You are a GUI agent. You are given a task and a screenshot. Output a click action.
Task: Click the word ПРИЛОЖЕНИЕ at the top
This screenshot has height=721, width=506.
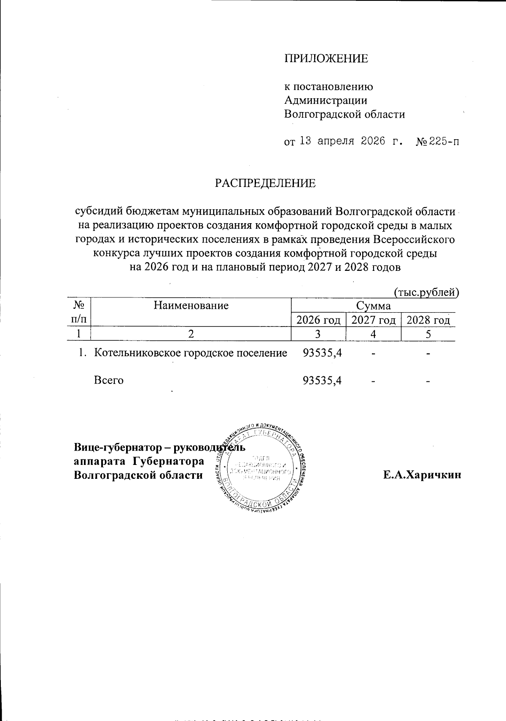[326, 59]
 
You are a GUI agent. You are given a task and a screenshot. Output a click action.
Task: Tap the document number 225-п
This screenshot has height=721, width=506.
[444, 142]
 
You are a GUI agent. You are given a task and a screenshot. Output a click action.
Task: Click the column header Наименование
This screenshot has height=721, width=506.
[191, 305]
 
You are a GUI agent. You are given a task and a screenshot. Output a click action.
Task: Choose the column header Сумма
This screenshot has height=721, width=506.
[373, 305]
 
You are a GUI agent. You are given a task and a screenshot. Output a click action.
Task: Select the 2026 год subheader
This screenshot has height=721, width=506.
[318, 320]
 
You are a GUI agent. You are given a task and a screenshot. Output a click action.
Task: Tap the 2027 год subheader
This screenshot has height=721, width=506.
[373, 320]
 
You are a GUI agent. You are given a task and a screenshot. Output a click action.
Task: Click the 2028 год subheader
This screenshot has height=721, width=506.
[428, 320]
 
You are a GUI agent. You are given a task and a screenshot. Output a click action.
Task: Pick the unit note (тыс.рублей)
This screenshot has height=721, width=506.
[426, 292]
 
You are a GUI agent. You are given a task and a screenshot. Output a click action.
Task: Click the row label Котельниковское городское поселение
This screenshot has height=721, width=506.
[191, 353]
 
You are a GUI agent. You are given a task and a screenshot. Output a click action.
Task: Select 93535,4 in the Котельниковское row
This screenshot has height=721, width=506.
[322, 353]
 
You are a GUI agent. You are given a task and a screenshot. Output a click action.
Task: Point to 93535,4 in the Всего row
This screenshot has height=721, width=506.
[322, 381]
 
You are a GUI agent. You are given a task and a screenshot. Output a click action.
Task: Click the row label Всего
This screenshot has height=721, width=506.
[108, 381]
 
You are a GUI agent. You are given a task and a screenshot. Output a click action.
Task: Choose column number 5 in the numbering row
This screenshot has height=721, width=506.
[428, 334]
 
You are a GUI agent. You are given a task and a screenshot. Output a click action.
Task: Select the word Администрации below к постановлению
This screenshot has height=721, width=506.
[326, 100]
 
